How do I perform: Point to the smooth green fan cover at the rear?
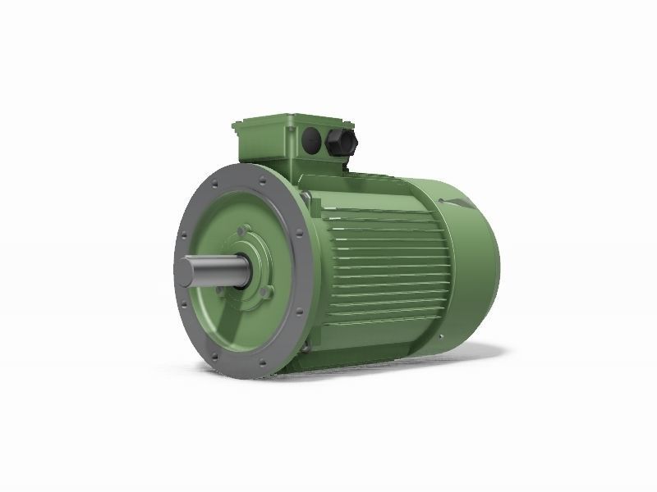click(472, 262)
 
